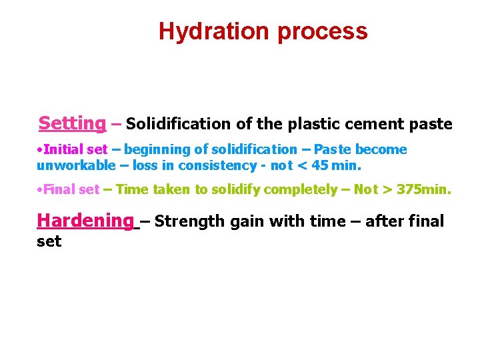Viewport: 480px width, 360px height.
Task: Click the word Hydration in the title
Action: (213, 31)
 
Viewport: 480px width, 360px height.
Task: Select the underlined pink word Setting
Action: (72, 123)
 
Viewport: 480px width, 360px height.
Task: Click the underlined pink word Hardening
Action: (85, 220)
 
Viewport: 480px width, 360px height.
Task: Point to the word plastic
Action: (311, 124)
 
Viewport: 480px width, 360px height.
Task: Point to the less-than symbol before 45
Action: (305, 165)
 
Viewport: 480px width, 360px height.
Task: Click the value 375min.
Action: (424, 189)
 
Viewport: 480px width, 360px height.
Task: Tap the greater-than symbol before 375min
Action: (387, 189)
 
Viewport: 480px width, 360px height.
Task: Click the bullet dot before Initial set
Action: (41, 150)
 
